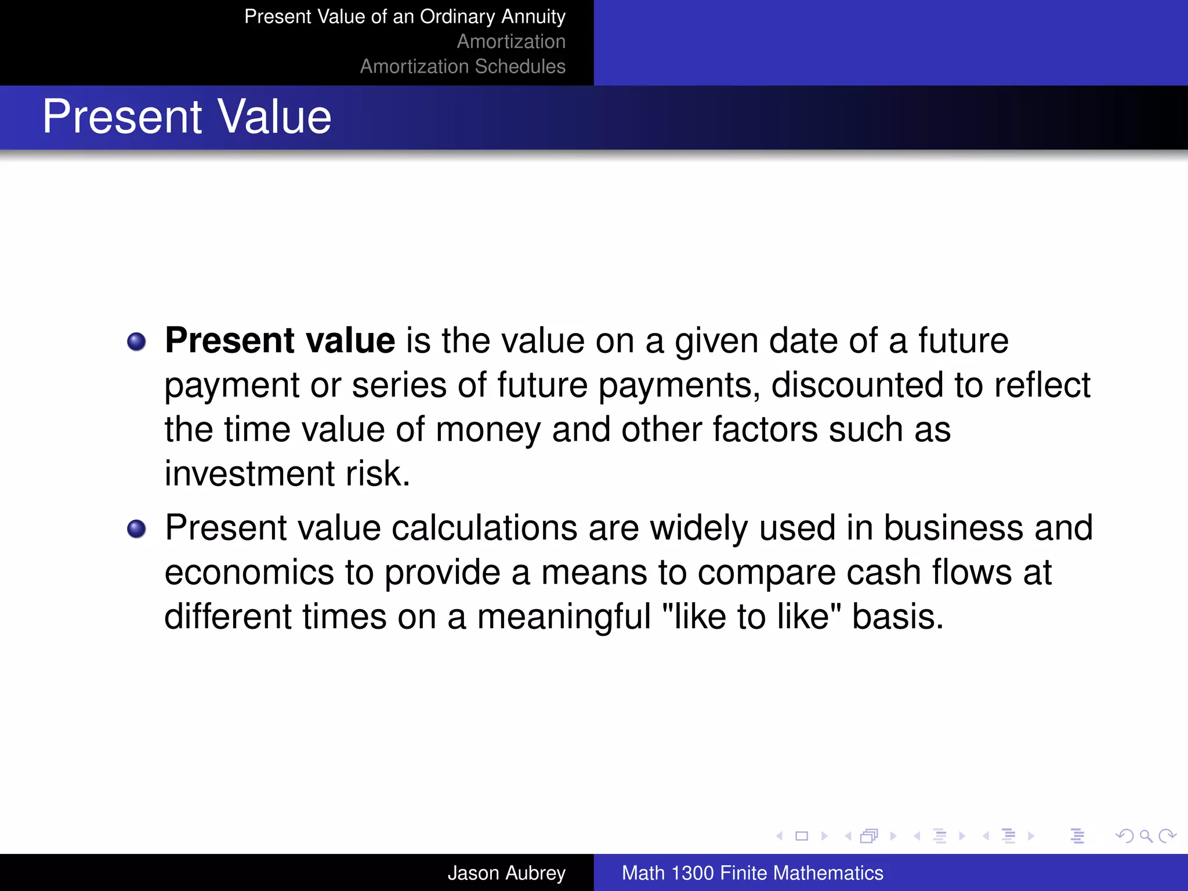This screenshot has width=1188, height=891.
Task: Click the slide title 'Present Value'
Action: (187, 117)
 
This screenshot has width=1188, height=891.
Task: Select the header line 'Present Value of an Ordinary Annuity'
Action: (404, 17)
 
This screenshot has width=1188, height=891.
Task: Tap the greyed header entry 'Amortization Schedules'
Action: (462, 67)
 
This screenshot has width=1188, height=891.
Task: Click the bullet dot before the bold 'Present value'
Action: (136, 342)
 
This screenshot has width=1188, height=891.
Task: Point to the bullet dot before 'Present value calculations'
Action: (136, 529)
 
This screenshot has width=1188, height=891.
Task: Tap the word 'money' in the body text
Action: (488, 430)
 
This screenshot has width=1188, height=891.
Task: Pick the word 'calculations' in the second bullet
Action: (484, 528)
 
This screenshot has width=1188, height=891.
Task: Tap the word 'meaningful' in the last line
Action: (564, 617)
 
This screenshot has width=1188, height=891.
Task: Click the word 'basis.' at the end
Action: (898, 617)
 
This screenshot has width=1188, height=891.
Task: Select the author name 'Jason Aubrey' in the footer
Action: (506, 873)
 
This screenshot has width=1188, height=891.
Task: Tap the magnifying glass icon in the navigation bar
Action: (1146, 836)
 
